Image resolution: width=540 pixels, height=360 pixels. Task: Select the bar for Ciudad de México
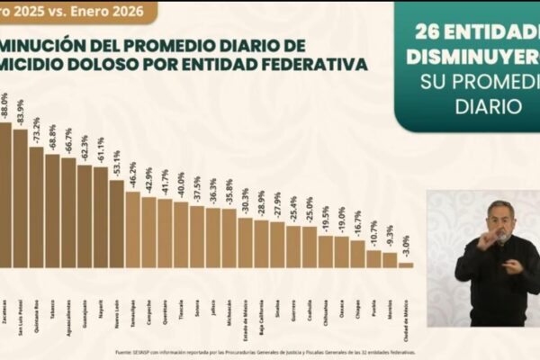pyautogui.click(x=406, y=265)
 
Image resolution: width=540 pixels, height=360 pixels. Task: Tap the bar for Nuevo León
pyautogui.click(x=116, y=224)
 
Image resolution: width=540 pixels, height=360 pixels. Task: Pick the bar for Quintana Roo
pyautogui.click(x=36, y=207)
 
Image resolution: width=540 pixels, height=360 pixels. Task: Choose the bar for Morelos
pyautogui.click(x=390, y=260)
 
